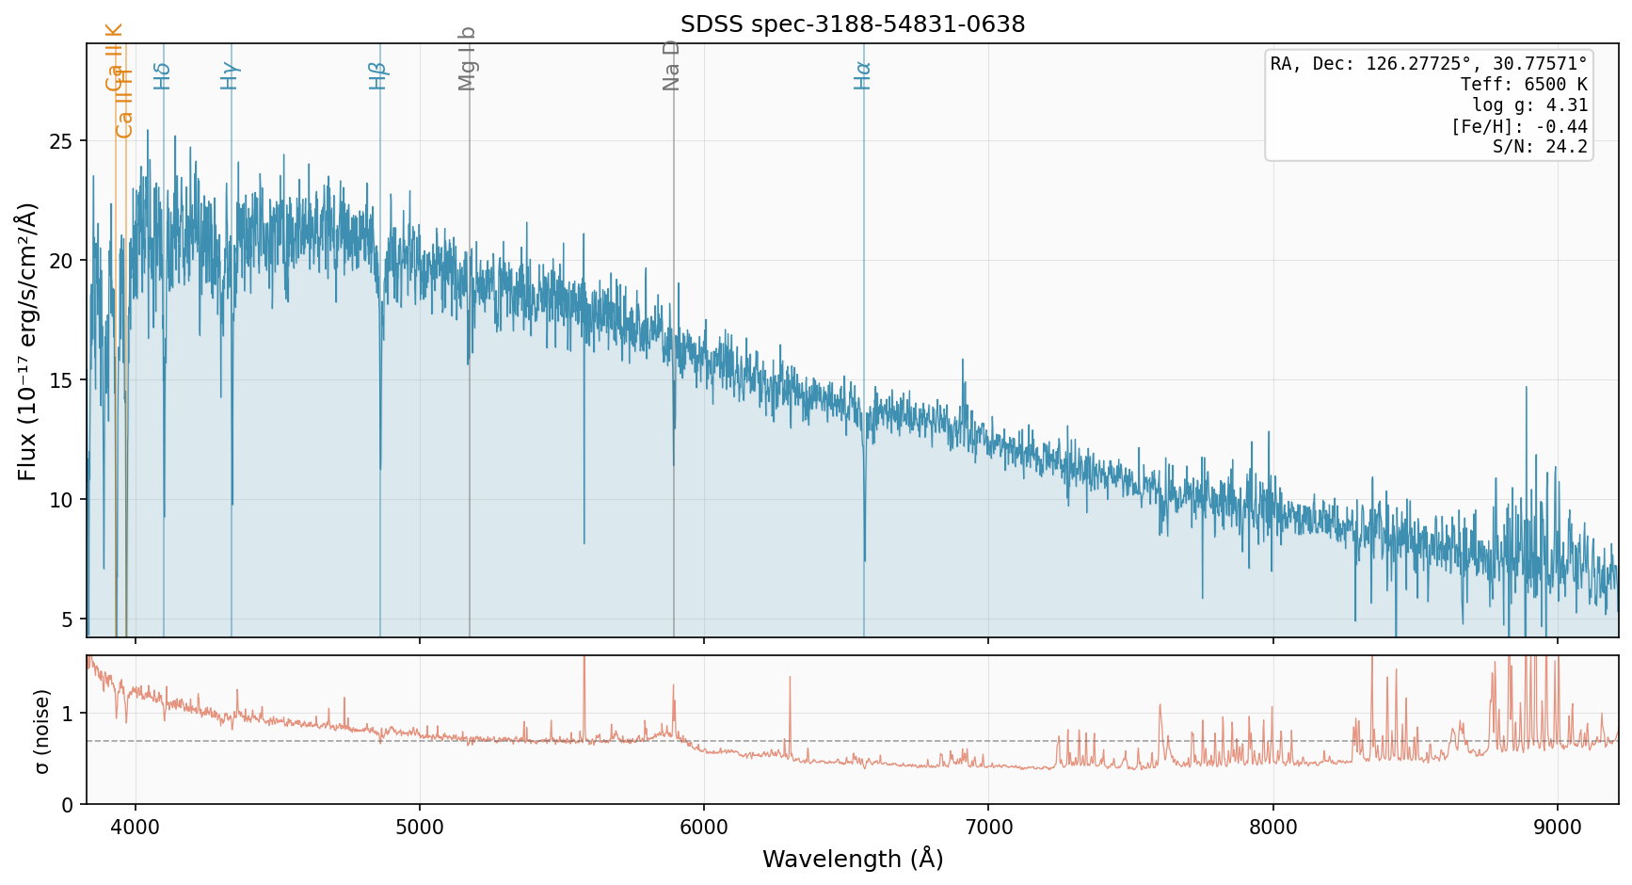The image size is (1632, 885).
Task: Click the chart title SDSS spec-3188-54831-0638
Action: tap(853, 24)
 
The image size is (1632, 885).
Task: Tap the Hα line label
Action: tap(862, 75)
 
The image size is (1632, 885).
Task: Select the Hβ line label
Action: tap(378, 75)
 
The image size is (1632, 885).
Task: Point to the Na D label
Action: tap(671, 65)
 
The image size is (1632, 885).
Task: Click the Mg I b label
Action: tap(468, 58)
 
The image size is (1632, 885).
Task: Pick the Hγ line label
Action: tap(230, 75)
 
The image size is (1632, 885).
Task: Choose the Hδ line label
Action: tap(162, 75)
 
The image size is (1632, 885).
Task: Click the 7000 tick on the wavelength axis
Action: tap(988, 828)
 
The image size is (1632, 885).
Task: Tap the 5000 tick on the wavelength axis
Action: tap(420, 828)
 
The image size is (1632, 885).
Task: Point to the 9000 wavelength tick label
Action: tap(1558, 828)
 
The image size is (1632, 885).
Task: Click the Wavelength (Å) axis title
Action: tap(853, 859)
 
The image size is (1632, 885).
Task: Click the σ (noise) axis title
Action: tap(41, 731)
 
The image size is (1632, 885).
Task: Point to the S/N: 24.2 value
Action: tap(1540, 147)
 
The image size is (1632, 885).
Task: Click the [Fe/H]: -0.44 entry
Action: tap(1519, 126)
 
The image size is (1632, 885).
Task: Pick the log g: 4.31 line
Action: tap(1529, 105)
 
